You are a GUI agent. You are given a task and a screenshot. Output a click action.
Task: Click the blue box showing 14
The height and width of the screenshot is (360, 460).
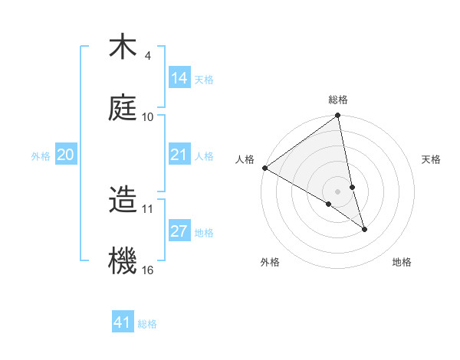179,77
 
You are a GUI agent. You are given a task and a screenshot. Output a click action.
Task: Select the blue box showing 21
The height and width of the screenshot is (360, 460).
179,155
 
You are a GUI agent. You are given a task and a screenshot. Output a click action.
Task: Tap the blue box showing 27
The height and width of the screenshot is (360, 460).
179,231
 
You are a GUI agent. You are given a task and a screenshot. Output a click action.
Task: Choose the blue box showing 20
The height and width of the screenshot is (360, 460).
66,155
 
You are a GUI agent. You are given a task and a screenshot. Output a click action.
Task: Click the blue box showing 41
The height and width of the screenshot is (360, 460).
123,322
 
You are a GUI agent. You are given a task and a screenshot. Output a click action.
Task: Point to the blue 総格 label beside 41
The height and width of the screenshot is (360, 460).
147,324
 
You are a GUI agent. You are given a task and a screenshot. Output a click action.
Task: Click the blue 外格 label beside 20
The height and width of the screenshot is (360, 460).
41,156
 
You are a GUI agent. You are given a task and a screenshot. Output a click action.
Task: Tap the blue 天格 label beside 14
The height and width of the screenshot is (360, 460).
204,79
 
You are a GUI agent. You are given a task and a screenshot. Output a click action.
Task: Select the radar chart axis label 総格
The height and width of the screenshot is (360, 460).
338,100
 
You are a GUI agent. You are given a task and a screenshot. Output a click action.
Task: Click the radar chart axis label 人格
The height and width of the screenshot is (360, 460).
245,159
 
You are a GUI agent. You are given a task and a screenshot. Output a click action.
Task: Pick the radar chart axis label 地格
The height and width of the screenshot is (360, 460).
402,263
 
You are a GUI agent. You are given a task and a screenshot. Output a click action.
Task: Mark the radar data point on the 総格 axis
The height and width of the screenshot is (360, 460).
337,116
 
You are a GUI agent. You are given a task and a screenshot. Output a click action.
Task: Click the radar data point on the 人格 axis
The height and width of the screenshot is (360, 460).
264,168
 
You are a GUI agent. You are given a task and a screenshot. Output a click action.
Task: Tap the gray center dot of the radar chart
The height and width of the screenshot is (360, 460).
337,191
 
